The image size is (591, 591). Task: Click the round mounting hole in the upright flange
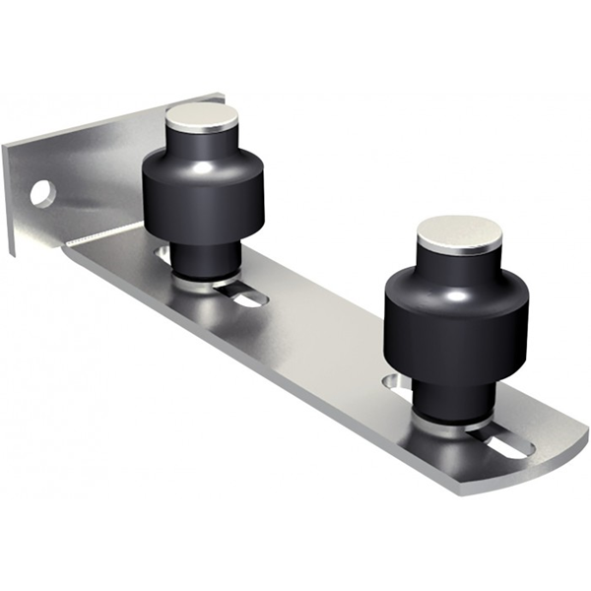click(x=41, y=192)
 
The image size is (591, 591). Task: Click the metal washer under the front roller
click(x=455, y=422)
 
